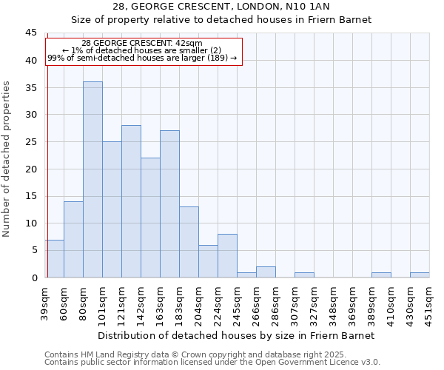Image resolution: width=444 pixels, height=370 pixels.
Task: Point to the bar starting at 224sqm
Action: coord(227,256)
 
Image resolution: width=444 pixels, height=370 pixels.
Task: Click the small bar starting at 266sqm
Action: coord(266,272)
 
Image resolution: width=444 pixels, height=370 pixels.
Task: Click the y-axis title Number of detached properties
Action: coord(7,159)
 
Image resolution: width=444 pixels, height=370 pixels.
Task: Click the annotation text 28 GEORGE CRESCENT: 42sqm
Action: coord(141,44)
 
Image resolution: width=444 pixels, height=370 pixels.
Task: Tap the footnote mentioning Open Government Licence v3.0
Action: coord(212,362)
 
